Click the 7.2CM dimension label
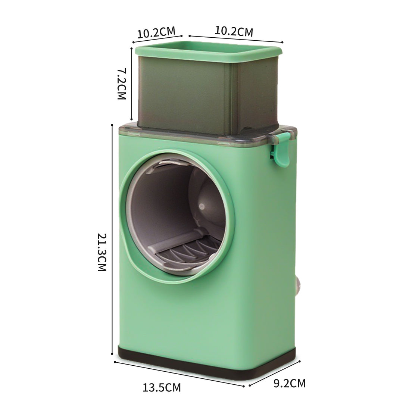pos(122,84)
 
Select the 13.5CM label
pos(162,387)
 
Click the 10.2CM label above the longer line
pos(234,31)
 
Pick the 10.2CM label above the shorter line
pos(156,32)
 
